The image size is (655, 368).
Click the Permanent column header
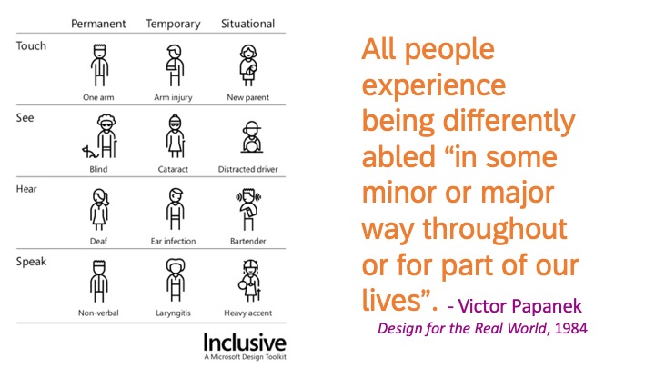point(98,24)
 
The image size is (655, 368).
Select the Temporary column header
point(173,25)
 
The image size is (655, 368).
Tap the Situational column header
point(247,24)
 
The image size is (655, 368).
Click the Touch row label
point(31,46)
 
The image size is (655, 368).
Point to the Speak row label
point(31,262)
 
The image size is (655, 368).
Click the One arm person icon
point(99,65)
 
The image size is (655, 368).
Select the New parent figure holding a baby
point(248,65)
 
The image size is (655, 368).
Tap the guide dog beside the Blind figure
point(89,152)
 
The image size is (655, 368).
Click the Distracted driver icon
point(251,137)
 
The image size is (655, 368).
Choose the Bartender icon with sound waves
point(248,209)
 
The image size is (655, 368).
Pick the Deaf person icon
point(99,209)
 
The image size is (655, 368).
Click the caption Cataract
point(173,169)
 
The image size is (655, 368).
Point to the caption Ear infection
point(173,241)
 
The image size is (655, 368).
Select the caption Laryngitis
point(173,313)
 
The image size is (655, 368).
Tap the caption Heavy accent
point(247,313)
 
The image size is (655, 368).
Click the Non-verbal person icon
point(99,281)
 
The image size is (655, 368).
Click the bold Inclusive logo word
point(245,343)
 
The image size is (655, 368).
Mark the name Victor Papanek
point(519,306)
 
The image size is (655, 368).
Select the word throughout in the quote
point(495,230)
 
